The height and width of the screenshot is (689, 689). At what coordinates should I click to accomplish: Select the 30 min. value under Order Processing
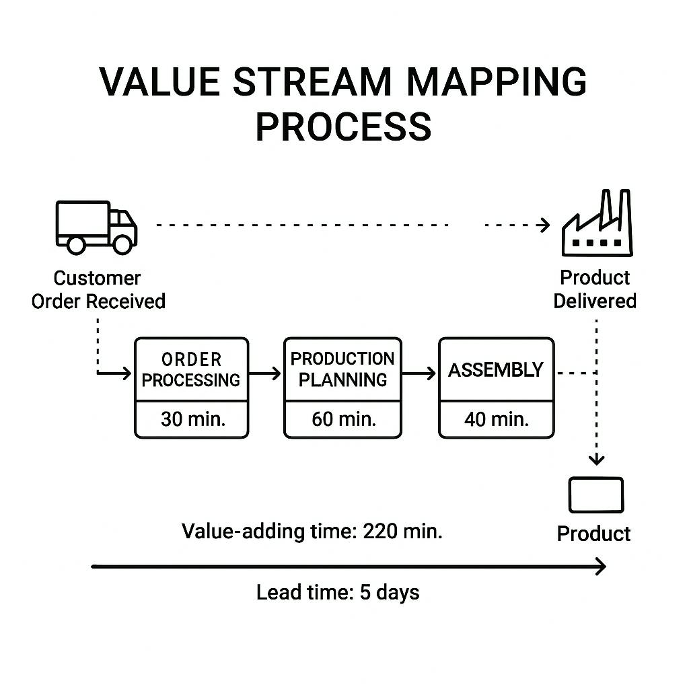pyautogui.click(x=192, y=420)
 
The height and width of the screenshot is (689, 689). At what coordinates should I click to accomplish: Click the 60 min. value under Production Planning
pyautogui.click(x=343, y=420)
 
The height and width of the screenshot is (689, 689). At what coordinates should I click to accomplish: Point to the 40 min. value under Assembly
pyautogui.click(x=497, y=420)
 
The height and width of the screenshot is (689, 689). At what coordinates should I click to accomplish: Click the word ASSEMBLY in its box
pyautogui.click(x=496, y=370)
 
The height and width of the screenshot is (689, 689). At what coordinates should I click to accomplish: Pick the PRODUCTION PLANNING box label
pyautogui.click(x=342, y=369)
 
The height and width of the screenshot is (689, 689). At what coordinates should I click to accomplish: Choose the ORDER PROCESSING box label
pyautogui.click(x=191, y=369)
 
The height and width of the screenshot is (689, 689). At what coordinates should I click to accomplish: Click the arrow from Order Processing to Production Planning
pyautogui.click(x=266, y=372)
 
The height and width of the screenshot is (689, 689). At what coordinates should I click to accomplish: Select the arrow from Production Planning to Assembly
pyautogui.click(x=420, y=372)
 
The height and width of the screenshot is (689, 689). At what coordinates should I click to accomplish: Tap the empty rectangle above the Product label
pyautogui.click(x=596, y=495)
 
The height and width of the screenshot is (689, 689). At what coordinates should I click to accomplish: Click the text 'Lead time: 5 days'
pyautogui.click(x=338, y=593)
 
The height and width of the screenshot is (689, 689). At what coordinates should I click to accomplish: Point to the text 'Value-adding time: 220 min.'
pyautogui.click(x=312, y=532)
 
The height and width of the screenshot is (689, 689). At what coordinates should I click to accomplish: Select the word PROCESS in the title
pyautogui.click(x=343, y=126)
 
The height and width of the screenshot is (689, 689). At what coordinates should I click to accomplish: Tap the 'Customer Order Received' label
pyautogui.click(x=98, y=289)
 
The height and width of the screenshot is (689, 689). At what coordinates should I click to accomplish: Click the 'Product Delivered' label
pyautogui.click(x=595, y=289)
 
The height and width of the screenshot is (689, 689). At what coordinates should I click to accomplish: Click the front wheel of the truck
pyautogui.click(x=122, y=244)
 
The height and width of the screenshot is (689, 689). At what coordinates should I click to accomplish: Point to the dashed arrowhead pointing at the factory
pyautogui.click(x=544, y=225)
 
